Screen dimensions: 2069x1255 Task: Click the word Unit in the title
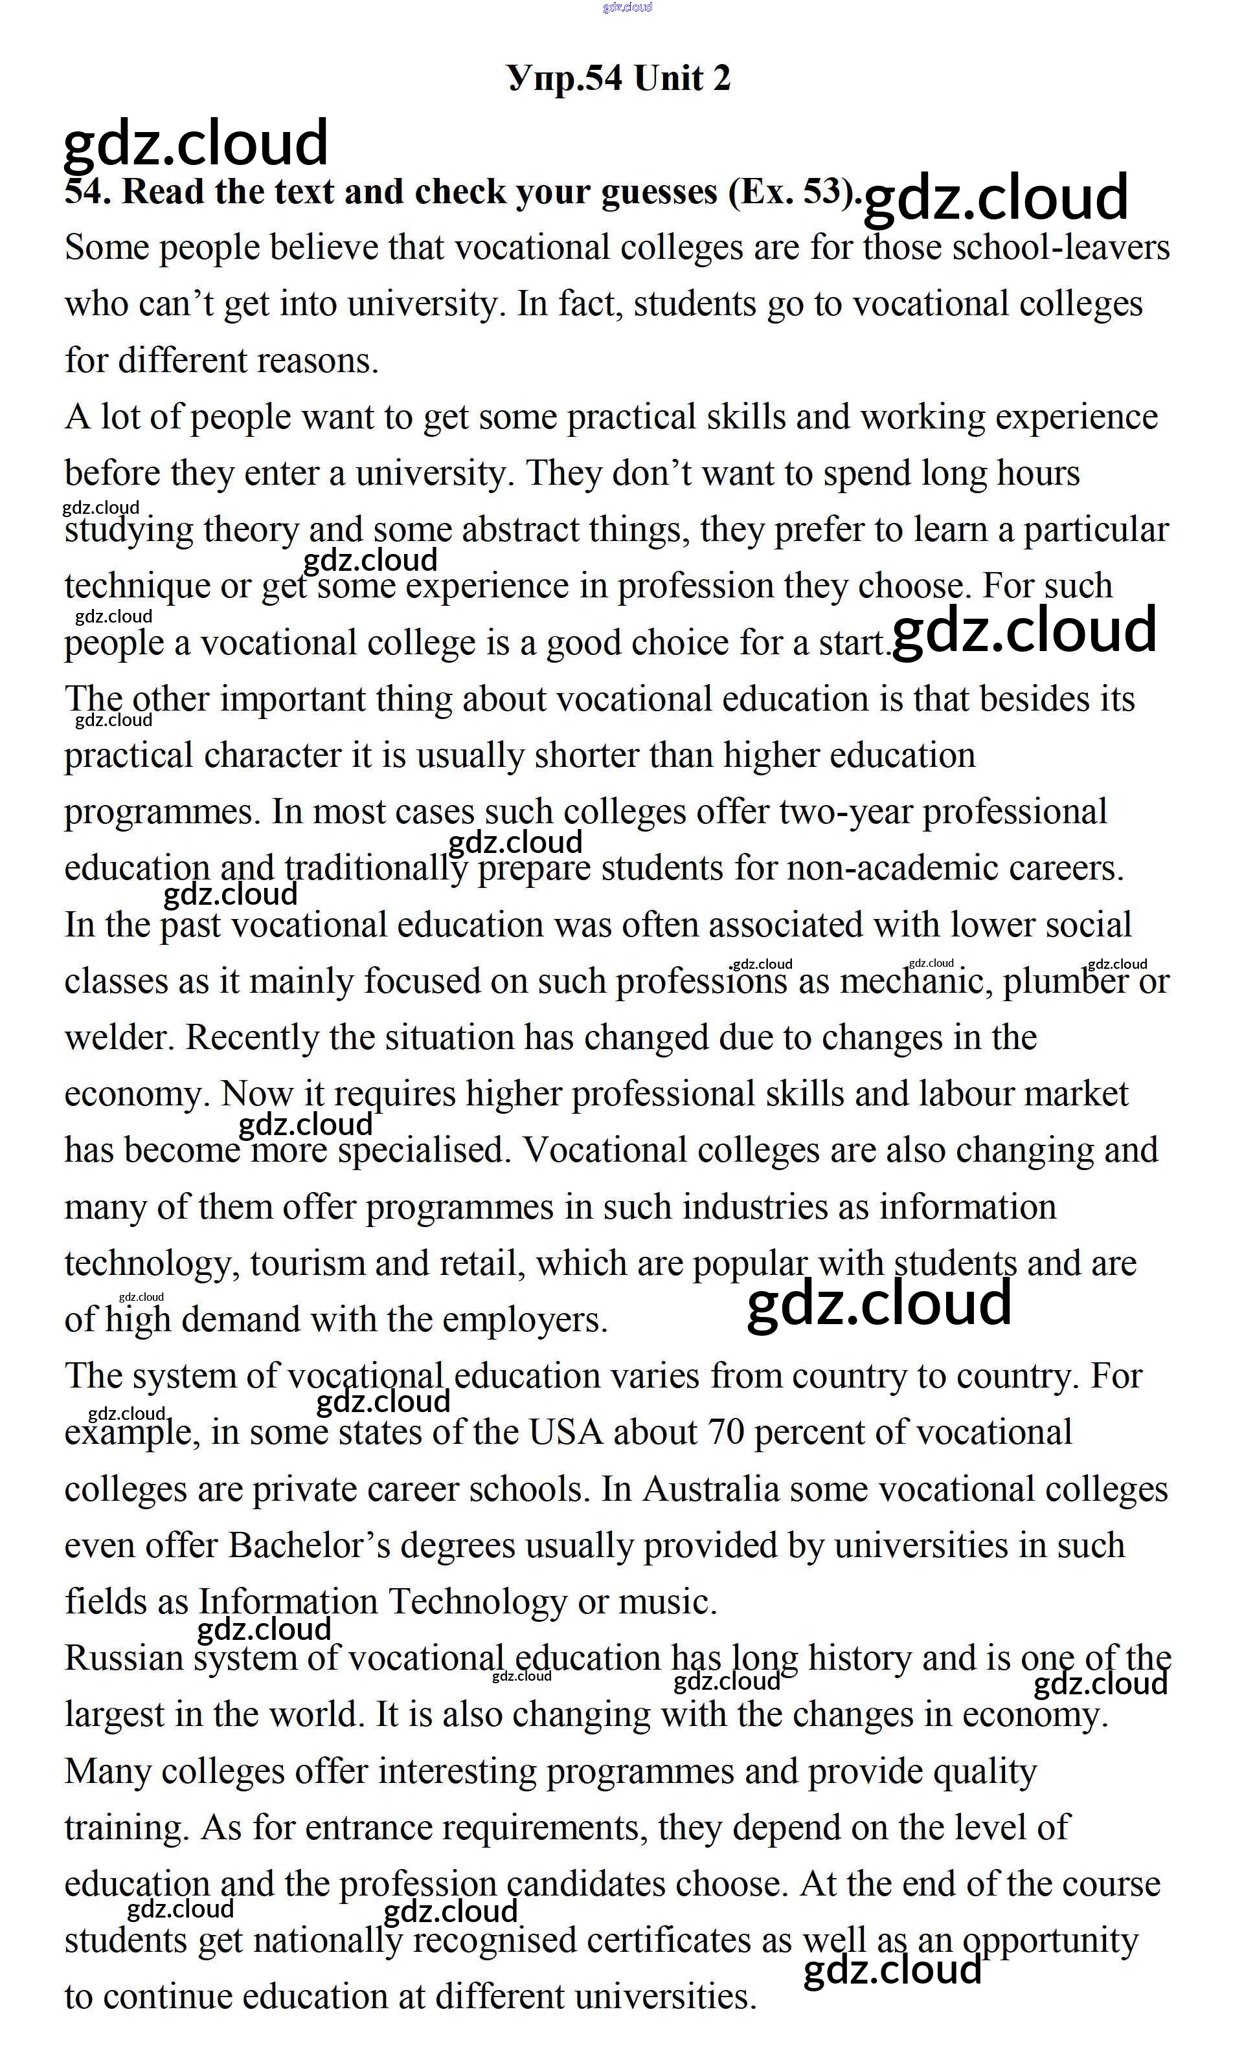(x=668, y=78)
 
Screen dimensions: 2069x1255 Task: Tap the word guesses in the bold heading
(x=659, y=192)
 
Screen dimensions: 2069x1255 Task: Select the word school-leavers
(x=1061, y=248)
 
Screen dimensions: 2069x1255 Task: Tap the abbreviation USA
(x=565, y=1433)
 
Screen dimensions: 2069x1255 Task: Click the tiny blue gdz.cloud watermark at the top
(x=627, y=8)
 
